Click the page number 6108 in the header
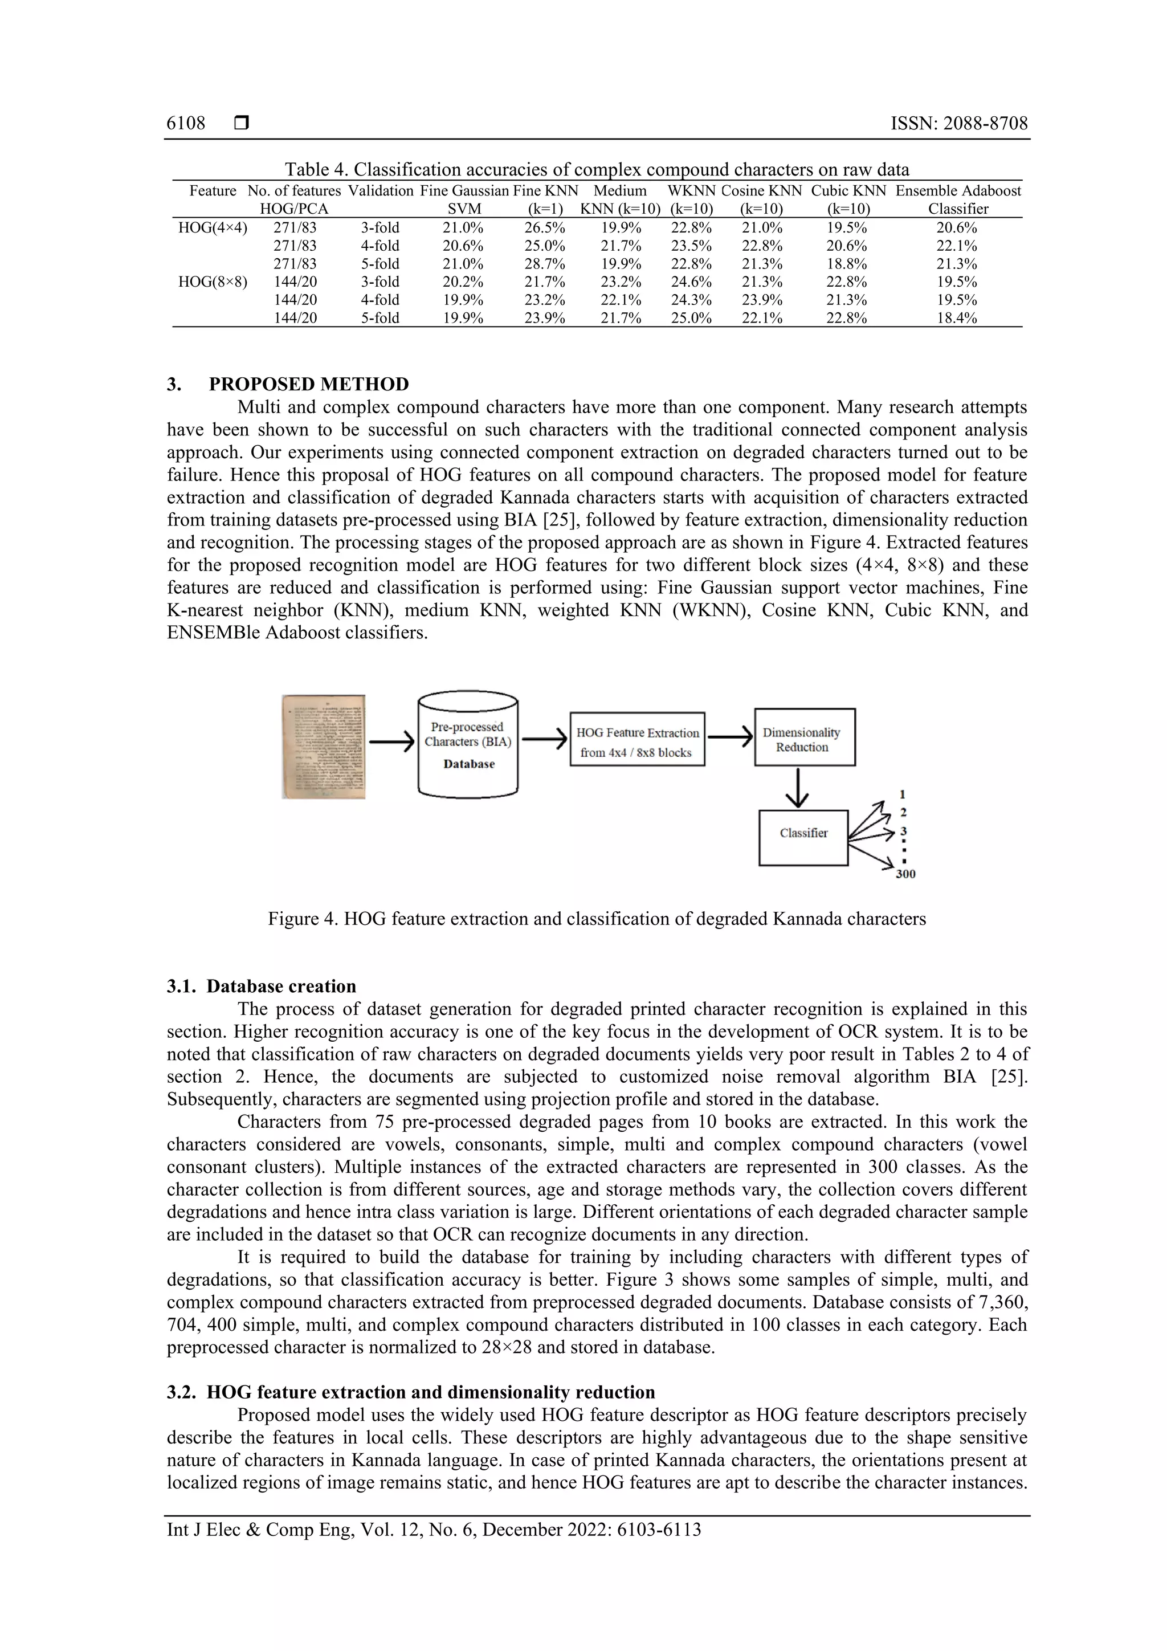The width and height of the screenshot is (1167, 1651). [186, 123]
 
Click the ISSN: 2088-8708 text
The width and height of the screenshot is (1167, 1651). [958, 123]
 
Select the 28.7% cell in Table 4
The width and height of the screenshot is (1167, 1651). [544, 264]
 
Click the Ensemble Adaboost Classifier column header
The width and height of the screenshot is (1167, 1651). [958, 200]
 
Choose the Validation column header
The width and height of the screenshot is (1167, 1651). [381, 190]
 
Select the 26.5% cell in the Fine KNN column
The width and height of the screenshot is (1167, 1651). [544, 228]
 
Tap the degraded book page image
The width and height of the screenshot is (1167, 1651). [324, 747]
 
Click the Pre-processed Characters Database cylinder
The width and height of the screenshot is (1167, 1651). [467, 745]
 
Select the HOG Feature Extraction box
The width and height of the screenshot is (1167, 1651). [637, 740]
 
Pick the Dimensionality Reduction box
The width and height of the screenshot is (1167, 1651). [804, 737]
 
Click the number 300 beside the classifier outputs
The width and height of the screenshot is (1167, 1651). [905, 874]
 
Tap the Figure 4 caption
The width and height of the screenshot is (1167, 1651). [597, 919]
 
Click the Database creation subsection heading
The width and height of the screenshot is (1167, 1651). [262, 986]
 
